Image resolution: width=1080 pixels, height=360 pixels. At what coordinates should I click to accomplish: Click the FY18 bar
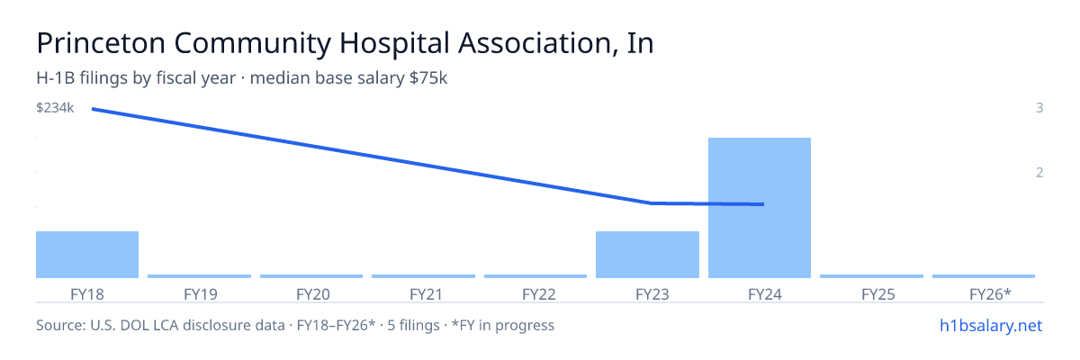click(x=87, y=255)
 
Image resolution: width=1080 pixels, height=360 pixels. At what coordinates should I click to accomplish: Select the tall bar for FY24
click(x=760, y=208)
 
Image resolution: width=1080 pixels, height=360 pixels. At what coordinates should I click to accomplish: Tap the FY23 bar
click(x=647, y=255)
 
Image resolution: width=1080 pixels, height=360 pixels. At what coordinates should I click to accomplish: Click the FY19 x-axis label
click(x=200, y=294)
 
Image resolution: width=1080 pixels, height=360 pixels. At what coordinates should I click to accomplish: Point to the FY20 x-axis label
click(x=313, y=294)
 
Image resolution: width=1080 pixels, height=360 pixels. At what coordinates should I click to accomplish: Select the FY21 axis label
click(x=426, y=294)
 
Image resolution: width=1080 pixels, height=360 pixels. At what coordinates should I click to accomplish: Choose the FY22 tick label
click(x=538, y=294)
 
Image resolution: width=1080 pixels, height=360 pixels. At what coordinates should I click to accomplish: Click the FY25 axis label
click(x=878, y=294)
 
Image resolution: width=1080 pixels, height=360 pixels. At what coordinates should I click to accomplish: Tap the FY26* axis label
click(x=990, y=294)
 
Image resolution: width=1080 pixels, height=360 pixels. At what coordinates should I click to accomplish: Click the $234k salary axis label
click(x=55, y=108)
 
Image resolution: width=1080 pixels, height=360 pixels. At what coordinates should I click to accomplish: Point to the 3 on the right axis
click(x=1039, y=108)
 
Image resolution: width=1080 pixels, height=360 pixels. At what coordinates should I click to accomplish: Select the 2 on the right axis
click(x=1039, y=173)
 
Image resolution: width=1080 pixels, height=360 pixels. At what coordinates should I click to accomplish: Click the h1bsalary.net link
click(x=991, y=325)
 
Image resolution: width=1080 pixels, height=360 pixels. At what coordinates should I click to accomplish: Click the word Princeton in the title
click(x=101, y=43)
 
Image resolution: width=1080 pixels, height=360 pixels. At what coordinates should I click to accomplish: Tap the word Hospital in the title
click(x=394, y=44)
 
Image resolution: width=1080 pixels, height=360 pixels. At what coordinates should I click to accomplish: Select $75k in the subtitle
click(x=428, y=78)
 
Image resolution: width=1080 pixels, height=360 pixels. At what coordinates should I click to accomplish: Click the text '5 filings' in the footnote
click(x=413, y=325)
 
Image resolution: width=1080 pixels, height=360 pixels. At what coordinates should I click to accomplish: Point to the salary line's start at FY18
click(x=93, y=110)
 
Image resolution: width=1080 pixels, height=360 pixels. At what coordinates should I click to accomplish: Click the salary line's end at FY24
click(x=763, y=204)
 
